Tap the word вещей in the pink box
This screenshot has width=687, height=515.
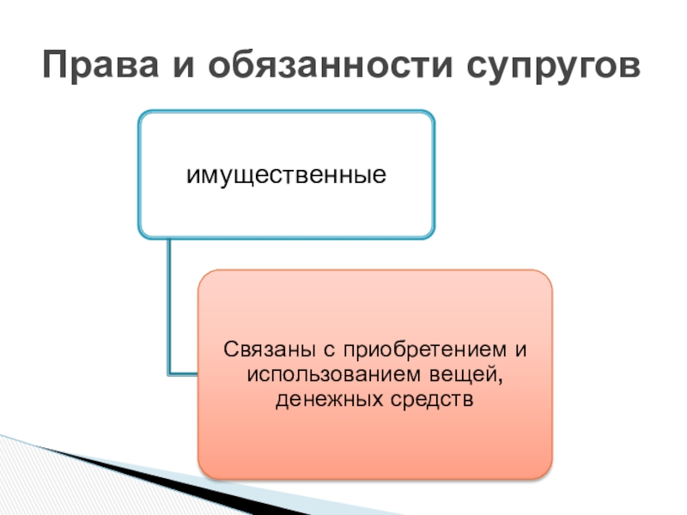472,374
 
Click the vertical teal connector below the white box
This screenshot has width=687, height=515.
168,300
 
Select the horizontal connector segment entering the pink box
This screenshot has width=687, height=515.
184,373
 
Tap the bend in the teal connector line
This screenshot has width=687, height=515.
169,373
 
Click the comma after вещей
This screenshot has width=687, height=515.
500,379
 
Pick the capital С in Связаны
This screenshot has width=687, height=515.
229,350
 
